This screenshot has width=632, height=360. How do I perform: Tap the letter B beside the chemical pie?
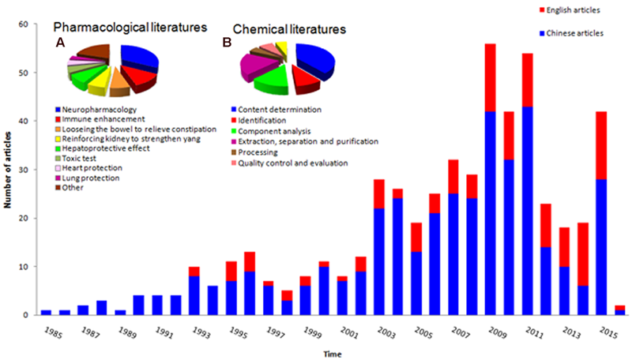point(227,45)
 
